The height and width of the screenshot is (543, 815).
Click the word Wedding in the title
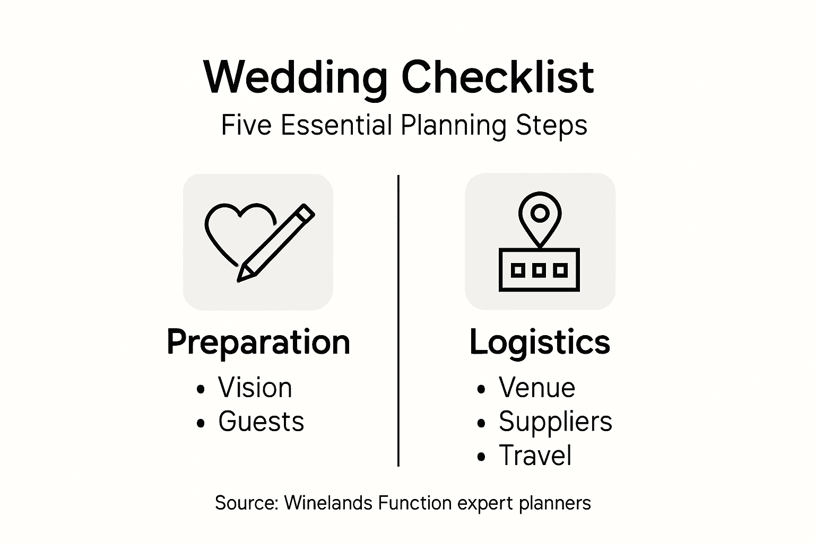click(x=295, y=78)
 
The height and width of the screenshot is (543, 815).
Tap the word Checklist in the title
click(x=497, y=77)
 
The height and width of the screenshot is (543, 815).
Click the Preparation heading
click(x=258, y=342)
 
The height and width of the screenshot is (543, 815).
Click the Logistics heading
click(x=540, y=342)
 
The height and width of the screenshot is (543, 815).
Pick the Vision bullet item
click(x=255, y=388)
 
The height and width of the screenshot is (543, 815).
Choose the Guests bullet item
click(x=261, y=422)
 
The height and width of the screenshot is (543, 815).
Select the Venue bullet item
click(x=536, y=388)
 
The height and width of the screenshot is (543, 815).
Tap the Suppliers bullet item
click(x=555, y=422)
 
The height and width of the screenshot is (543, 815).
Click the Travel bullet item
click(x=535, y=456)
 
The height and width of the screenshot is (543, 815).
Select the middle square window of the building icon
click(x=540, y=270)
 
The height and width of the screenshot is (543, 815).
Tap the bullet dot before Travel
click(x=481, y=457)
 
